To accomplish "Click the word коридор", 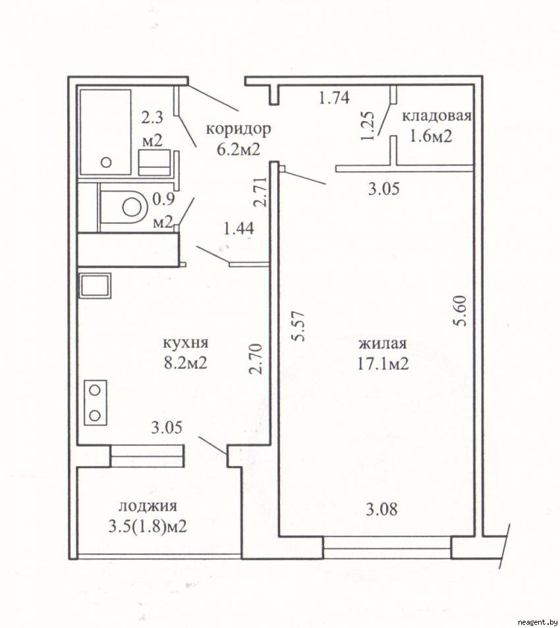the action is [238, 130].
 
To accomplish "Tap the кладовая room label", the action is [437, 117].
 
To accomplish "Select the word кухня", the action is [186, 343].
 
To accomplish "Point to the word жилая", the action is [383, 344].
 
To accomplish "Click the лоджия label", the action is [148, 506].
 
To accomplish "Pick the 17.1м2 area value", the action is [383, 363].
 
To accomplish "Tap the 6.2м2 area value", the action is [238, 149].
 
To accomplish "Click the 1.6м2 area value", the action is [430, 136].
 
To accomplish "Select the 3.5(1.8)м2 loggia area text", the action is [148, 526].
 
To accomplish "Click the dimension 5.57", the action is [299, 326].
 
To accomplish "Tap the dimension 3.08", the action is [381, 510].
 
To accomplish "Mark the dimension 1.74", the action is [334, 97].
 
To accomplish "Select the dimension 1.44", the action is [239, 228].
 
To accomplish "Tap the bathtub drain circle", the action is [106, 162].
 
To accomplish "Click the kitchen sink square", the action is [96, 286].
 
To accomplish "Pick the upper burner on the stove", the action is [95, 390].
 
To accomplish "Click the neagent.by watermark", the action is [538, 622].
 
